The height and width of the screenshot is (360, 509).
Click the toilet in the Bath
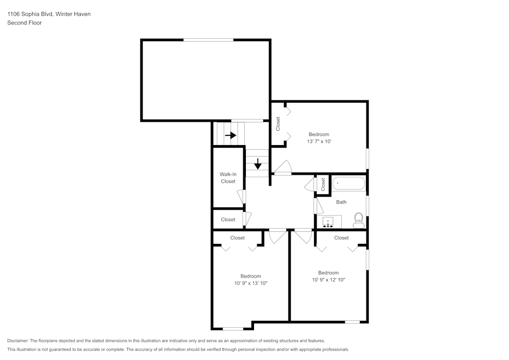click(x=358, y=219)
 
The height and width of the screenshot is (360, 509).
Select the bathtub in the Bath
click(x=349, y=183)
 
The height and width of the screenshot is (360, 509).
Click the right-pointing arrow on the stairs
click(x=231, y=135)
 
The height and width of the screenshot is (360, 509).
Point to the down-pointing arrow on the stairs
click(x=258, y=163)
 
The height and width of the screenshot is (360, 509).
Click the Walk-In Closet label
click(x=228, y=178)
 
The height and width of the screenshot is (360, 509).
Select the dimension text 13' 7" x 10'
click(x=319, y=142)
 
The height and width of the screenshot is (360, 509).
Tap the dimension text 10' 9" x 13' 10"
click(x=250, y=283)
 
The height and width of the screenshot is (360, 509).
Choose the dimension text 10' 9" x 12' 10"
click(x=328, y=280)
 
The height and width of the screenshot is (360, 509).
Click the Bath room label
click(x=341, y=202)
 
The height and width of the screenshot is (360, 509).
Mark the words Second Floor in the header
click(x=24, y=23)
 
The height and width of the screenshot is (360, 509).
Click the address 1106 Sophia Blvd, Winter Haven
click(x=49, y=14)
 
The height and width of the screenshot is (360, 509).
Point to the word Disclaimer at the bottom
click(x=18, y=341)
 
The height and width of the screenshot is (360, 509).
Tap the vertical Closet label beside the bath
click(x=323, y=184)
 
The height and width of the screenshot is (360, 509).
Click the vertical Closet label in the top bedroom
click(x=278, y=124)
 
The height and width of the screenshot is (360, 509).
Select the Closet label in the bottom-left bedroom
click(x=237, y=238)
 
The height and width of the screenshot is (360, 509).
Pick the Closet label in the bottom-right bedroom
click(x=341, y=238)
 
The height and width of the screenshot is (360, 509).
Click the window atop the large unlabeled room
click(x=208, y=40)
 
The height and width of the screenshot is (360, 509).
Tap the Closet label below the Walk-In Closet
click(x=228, y=219)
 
